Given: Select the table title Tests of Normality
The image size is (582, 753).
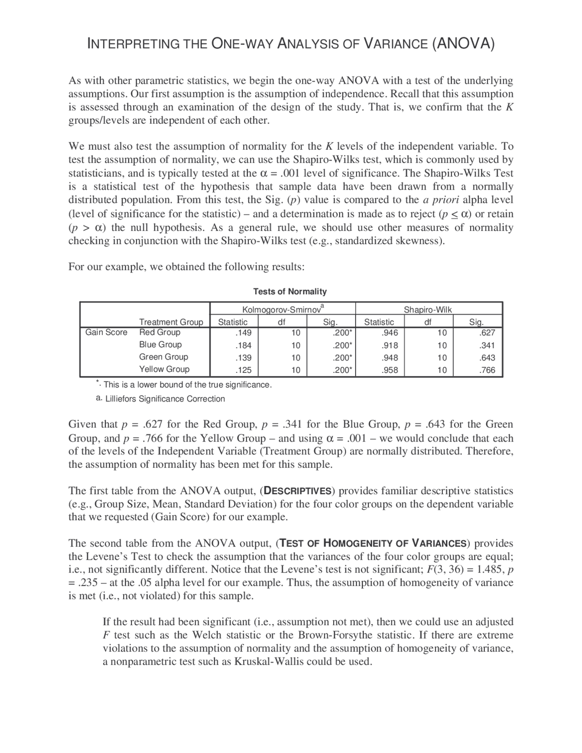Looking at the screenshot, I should (290, 291).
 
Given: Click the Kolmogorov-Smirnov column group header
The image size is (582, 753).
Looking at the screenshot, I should (282, 310).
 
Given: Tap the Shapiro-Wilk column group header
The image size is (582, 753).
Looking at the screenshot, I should (428, 310).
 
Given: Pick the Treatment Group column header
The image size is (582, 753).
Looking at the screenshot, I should (171, 322).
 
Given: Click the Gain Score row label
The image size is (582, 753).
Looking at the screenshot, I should (106, 332).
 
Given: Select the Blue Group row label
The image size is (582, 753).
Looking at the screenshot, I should (160, 345).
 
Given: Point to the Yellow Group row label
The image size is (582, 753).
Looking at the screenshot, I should (164, 369).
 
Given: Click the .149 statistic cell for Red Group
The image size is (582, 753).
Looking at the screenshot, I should (243, 333).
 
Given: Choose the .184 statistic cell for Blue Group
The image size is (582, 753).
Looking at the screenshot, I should (243, 345).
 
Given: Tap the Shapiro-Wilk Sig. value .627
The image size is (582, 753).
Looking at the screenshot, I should (487, 333).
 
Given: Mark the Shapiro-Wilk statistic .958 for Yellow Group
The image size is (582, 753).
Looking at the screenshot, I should (390, 370).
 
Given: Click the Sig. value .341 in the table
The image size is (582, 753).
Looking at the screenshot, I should (487, 345).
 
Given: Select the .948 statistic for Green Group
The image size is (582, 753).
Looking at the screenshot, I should (390, 358).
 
